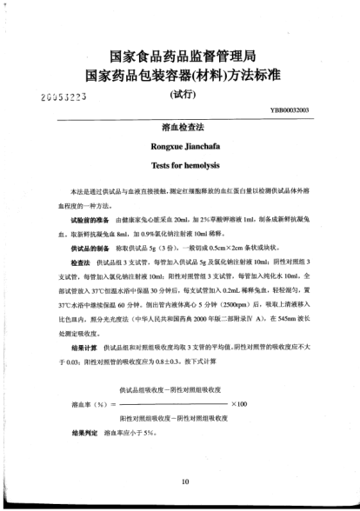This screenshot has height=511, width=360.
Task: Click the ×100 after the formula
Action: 238,403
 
